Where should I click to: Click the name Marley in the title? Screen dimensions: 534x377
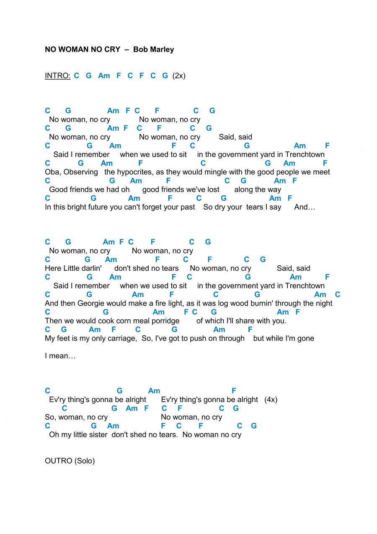click(x=162, y=49)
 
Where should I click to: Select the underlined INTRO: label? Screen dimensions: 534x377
click(x=57, y=76)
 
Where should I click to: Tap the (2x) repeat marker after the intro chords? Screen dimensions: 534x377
click(x=179, y=76)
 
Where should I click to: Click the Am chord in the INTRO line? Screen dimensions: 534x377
click(x=104, y=76)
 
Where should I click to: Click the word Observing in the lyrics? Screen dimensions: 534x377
click(x=81, y=172)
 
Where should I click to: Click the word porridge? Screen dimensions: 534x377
click(x=165, y=321)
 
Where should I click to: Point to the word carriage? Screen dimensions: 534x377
click(x=122, y=339)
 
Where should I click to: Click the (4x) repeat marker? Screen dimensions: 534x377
click(x=271, y=400)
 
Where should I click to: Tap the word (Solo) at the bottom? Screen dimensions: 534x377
click(x=85, y=461)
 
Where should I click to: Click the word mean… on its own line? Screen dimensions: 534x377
click(x=62, y=356)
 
